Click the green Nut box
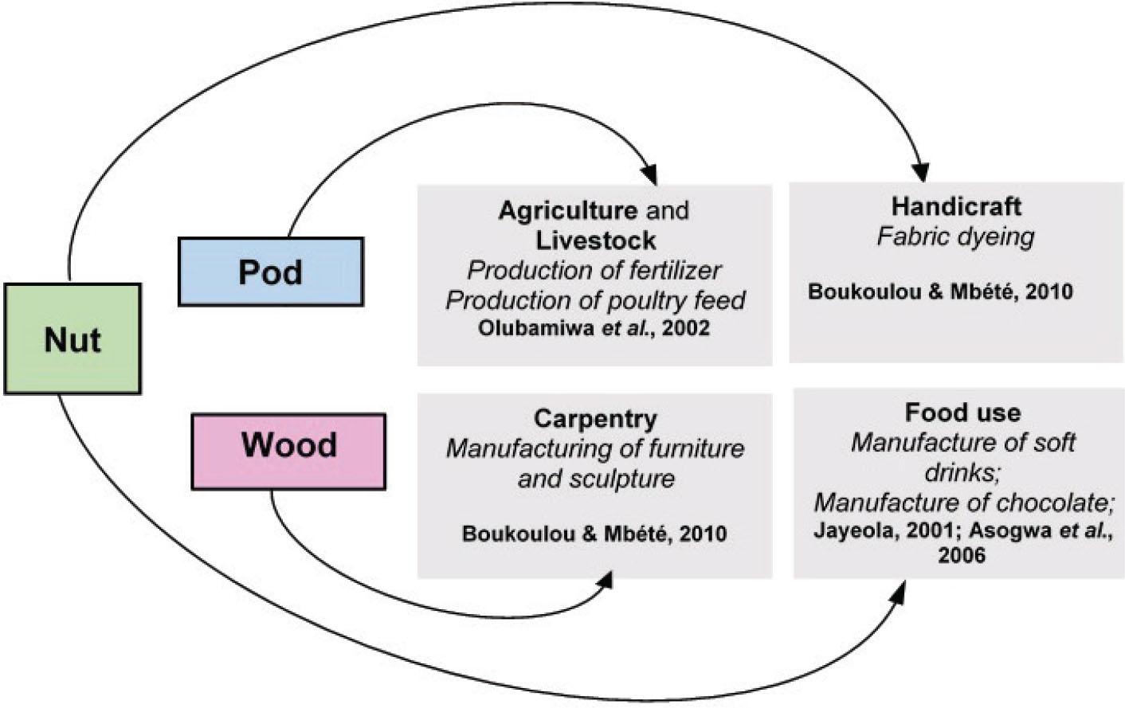[x=73, y=339]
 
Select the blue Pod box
[x=270, y=272]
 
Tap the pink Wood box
[x=288, y=444]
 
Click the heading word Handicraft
[x=955, y=206]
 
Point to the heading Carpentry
[x=595, y=419]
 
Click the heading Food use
[x=962, y=413]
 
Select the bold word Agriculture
[x=567, y=210]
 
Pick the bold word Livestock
[x=595, y=240]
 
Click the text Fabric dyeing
[x=955, y=237]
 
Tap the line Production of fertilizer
[x=594, y=271]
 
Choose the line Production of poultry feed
[x=595, y=300]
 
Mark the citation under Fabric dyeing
[x=940, y=291]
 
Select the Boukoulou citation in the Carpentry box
[x=594, y=534]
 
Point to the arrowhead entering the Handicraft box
[x=921, y=173]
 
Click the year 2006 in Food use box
[x=961, y=555]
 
